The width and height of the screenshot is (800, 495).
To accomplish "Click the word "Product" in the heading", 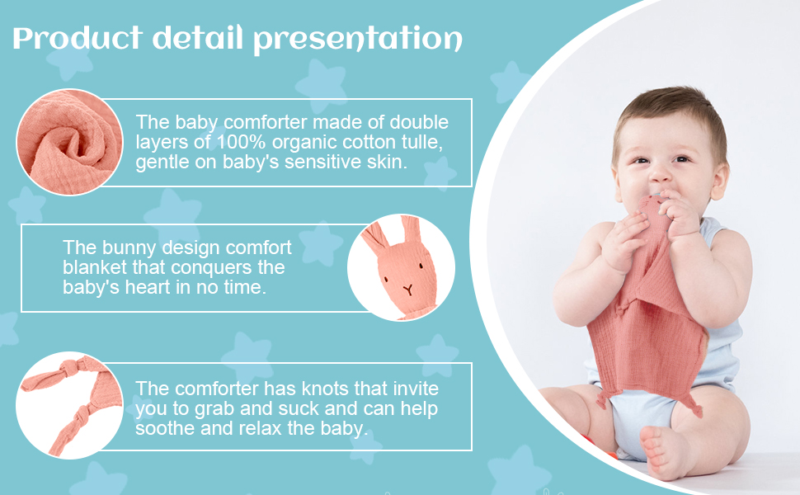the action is (77, 38).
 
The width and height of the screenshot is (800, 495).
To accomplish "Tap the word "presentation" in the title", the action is (358, 40).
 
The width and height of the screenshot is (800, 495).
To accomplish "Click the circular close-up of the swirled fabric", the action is (70, 143).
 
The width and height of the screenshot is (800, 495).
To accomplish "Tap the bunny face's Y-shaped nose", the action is (407, 290).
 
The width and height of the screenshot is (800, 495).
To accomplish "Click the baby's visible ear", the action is (719, 181).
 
